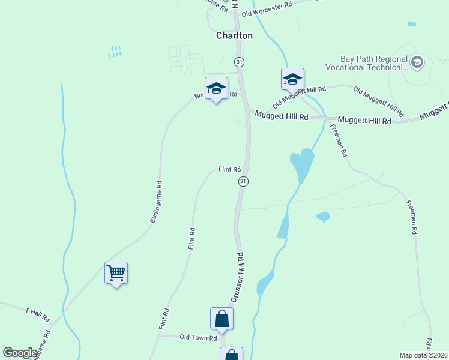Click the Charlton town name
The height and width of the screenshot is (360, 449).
234,35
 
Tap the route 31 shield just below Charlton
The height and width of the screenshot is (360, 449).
240,62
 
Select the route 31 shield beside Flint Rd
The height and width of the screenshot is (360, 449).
243,181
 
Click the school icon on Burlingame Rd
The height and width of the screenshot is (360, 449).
216,89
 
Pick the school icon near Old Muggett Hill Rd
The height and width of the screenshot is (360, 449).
292,79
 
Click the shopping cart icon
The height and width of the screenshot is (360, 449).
116,273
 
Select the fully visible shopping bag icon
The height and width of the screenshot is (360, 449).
221,319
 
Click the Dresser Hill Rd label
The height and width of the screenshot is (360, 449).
237,277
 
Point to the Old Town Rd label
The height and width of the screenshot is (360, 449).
198,338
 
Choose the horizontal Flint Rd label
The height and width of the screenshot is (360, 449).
229,170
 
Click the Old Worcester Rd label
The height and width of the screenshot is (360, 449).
267,9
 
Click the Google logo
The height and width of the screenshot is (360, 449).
20,353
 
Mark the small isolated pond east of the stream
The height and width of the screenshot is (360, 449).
323,217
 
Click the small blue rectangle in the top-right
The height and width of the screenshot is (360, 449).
411,24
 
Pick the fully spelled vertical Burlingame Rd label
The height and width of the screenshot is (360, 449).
157,203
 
